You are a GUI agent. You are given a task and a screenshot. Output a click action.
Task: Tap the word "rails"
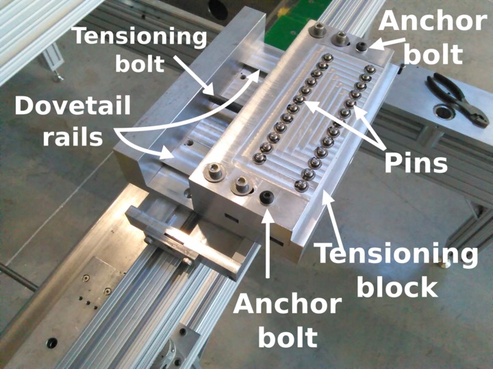tap(72, 136)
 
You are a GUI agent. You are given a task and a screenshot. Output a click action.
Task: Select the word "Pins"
tap(416, 163)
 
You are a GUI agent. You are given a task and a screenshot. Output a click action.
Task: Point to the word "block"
tap(397, 286)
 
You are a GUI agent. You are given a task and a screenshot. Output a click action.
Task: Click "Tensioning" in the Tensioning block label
tap(396, 254)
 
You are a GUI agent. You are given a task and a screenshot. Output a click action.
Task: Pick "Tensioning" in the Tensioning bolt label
tap(140, 36)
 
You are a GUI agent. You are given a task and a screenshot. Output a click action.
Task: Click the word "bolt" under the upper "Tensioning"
tap(140, 64)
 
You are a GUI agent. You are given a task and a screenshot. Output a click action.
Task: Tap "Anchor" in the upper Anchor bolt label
tap(432, 20)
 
